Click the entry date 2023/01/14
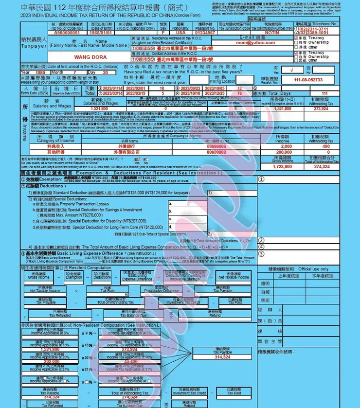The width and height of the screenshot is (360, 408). pos(111,89)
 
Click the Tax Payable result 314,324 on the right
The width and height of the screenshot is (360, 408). pos(222,356)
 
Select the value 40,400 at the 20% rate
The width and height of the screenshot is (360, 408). pos(131,362)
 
